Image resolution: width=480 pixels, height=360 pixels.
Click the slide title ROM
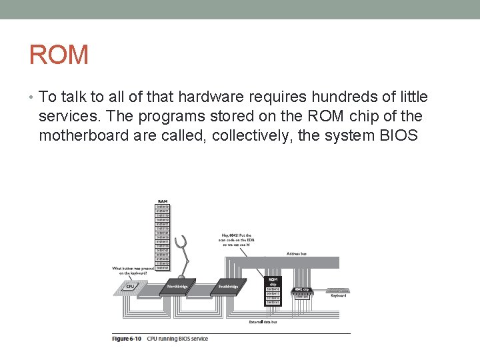point(59,55)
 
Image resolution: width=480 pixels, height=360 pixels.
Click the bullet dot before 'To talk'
point(31,98)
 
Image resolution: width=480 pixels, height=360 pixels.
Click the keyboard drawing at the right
point(338,291)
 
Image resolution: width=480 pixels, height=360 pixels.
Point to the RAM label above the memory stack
point(162,201)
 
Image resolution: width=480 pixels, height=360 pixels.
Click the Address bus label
point(296,253)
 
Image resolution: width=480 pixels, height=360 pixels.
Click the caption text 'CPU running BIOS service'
point(180,339)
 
